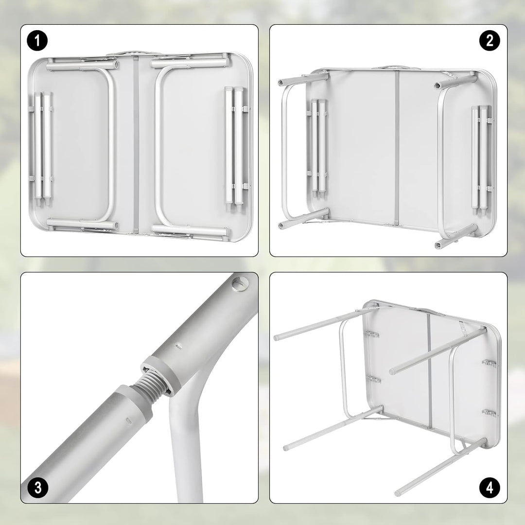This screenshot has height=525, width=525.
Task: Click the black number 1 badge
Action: click(x=37, y=41)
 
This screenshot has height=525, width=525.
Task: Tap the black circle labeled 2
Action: click(x=490, y=41)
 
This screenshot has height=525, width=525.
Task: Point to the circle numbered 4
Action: click(x=490, y=488)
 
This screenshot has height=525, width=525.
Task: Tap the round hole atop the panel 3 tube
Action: click(x=240, y=283)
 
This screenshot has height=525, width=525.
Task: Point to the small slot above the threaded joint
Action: click(x=179, y=345)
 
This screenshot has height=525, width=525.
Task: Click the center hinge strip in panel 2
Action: click(x=397, y=148)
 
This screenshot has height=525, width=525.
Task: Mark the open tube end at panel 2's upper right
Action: click(x=438, y=85)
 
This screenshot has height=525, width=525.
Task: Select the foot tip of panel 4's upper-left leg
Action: click(x=277, y=337)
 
